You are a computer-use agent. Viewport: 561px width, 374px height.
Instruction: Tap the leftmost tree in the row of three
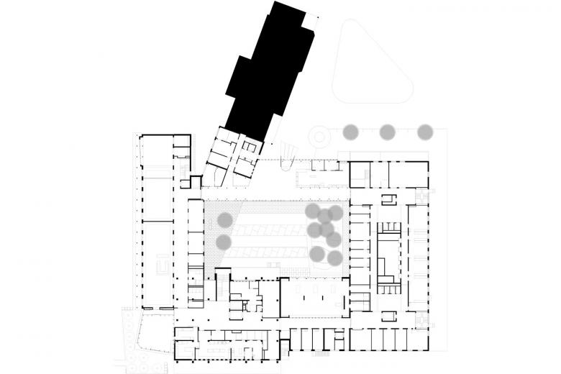[351, 132]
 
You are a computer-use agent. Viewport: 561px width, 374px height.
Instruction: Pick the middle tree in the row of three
[388, 132]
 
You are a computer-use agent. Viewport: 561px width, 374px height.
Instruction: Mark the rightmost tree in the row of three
[425, 132]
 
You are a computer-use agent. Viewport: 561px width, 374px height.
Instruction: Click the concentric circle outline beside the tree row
[317, 137]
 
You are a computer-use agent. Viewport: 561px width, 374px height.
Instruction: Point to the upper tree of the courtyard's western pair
[225, 220]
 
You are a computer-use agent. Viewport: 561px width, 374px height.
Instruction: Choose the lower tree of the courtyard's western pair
[224, 242]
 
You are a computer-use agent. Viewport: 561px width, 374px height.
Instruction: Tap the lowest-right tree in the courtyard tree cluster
[334, 257]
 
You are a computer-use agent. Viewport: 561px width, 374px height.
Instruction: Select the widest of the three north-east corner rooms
[409, 175]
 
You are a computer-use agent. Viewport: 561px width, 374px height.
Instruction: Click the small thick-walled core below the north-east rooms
[388, 199]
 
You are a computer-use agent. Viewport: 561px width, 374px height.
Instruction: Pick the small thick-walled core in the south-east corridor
[388, 316]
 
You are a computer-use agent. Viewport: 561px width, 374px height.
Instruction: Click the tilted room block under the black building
[236, 155]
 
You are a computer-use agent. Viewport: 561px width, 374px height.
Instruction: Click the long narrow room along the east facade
[417, 259]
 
